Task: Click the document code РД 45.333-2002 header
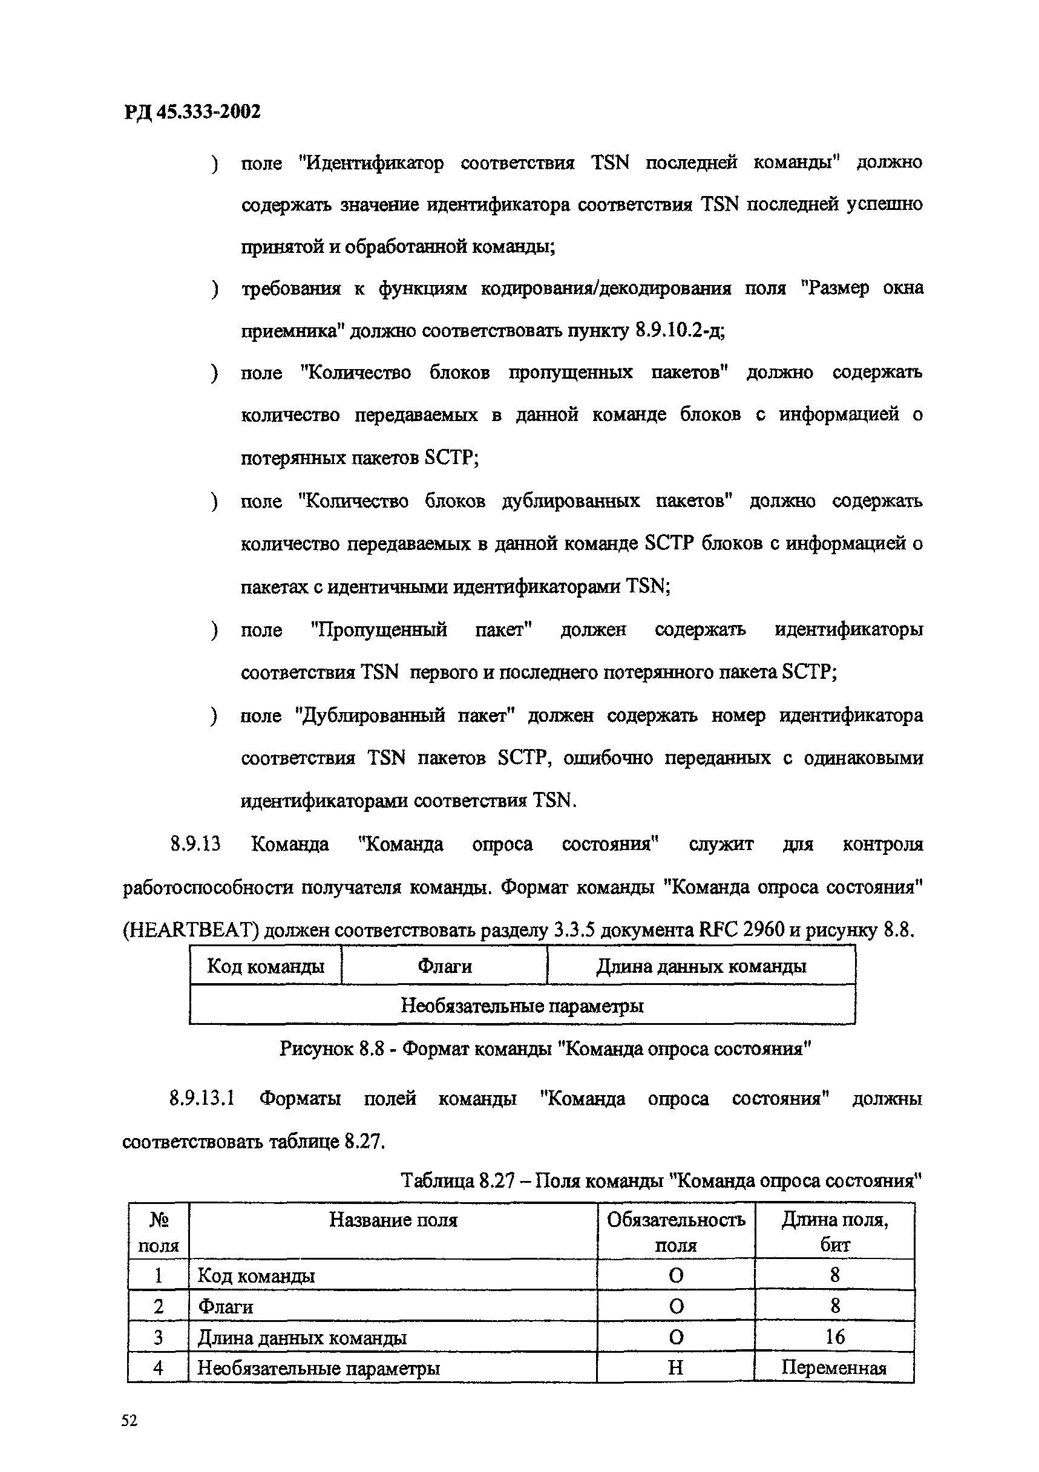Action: [192, 112]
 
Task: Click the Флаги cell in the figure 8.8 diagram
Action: [444, 966]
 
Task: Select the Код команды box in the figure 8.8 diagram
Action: [266, 966]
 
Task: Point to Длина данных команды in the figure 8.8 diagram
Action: [701, 966]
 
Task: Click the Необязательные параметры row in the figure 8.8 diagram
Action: [522, 1006]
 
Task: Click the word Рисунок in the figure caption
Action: [316, 1049]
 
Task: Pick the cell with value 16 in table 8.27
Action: [834, 1336]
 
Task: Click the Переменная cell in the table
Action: [834, 1368]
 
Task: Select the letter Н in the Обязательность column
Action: [675, 1368]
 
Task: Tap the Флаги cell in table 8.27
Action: [225, 1307]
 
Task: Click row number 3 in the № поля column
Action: [159, 1337]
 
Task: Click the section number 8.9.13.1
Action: [202, 1099]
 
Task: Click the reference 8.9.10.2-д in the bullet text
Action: [678, 331]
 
